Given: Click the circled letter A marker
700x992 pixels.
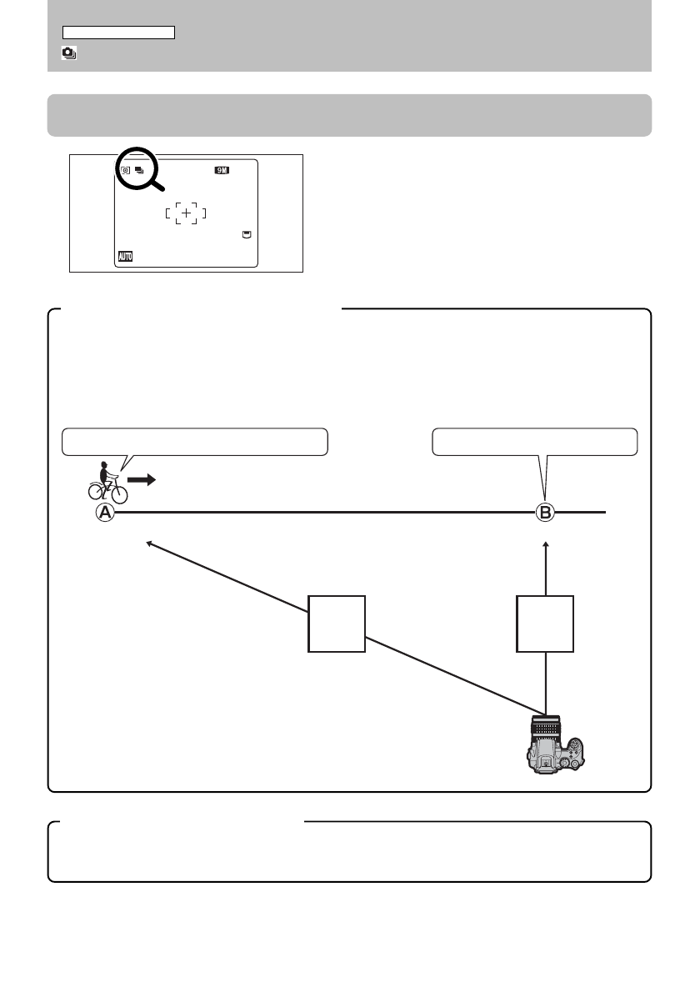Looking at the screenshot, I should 105,514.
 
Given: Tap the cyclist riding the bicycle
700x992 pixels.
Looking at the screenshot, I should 107,482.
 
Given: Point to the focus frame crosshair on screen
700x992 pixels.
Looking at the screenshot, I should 187,214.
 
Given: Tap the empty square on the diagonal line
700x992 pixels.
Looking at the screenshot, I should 337,623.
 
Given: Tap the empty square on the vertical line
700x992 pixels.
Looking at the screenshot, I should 545,623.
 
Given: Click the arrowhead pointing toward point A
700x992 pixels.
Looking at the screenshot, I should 149,544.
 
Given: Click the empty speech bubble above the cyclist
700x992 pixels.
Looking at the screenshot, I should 194,441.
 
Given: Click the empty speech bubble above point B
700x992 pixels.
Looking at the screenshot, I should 534,441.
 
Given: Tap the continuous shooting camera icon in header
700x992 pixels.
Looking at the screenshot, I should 69,53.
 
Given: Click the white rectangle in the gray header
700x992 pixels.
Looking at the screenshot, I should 118,33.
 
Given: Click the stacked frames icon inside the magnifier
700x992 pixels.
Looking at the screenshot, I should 138,171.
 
